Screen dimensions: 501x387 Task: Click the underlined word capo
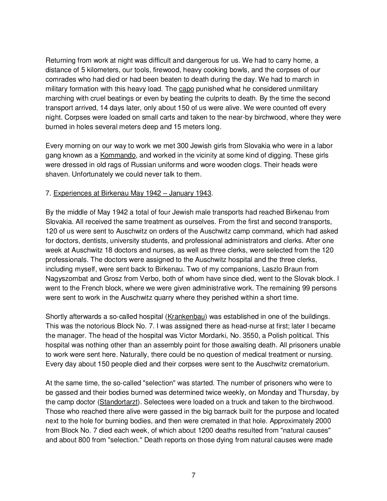click(186, 89)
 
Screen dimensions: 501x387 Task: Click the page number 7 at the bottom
click(193, 475)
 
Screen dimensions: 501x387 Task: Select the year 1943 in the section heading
click(203, 193)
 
